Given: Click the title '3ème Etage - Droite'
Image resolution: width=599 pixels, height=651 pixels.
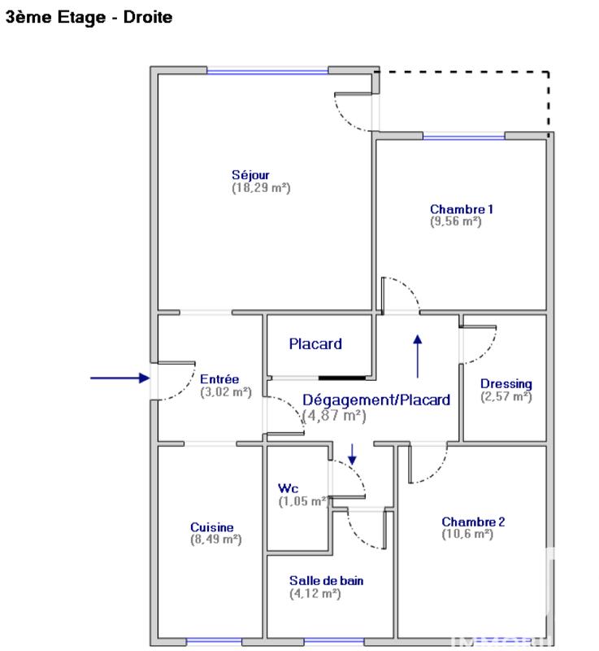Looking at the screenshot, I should pos(89,16).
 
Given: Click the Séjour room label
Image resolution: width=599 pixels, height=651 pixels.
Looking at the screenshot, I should pos(250,175).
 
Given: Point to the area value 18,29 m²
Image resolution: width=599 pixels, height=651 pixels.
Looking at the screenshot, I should pos(261,187).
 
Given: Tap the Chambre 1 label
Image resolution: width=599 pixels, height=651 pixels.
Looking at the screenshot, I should pos(462,209).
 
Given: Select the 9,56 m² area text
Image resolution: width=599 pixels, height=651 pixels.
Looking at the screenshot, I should pos(456,221).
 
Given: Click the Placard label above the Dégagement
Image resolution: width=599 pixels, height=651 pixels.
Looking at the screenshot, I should pos(315,344).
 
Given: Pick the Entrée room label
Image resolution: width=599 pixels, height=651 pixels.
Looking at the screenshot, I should pos(219,379).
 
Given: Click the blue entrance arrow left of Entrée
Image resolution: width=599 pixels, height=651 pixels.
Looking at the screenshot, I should pos(119,378).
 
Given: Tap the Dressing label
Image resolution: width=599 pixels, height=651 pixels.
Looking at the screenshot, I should pos(506,384).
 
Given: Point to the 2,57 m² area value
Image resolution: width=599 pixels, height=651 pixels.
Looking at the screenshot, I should pos(506,396).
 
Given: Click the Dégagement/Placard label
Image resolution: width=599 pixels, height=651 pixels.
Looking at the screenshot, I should pos(376,400).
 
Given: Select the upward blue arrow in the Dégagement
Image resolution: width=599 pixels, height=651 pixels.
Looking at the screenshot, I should pos(419,356).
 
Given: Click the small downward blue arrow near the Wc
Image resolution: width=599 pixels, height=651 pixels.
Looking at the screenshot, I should pos(352,454).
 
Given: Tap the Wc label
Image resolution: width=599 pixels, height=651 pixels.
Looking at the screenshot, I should pos(288,488).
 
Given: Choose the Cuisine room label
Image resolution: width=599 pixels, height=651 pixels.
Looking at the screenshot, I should pos(212,527).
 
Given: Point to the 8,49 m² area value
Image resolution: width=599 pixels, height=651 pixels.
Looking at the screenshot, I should pos(215,539).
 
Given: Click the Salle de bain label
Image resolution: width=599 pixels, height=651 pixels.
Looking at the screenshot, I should pos(326,581).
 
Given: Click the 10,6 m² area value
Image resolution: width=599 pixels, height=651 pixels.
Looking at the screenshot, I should pos(467,534).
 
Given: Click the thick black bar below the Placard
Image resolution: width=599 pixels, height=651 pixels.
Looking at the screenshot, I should pos(341,378).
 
